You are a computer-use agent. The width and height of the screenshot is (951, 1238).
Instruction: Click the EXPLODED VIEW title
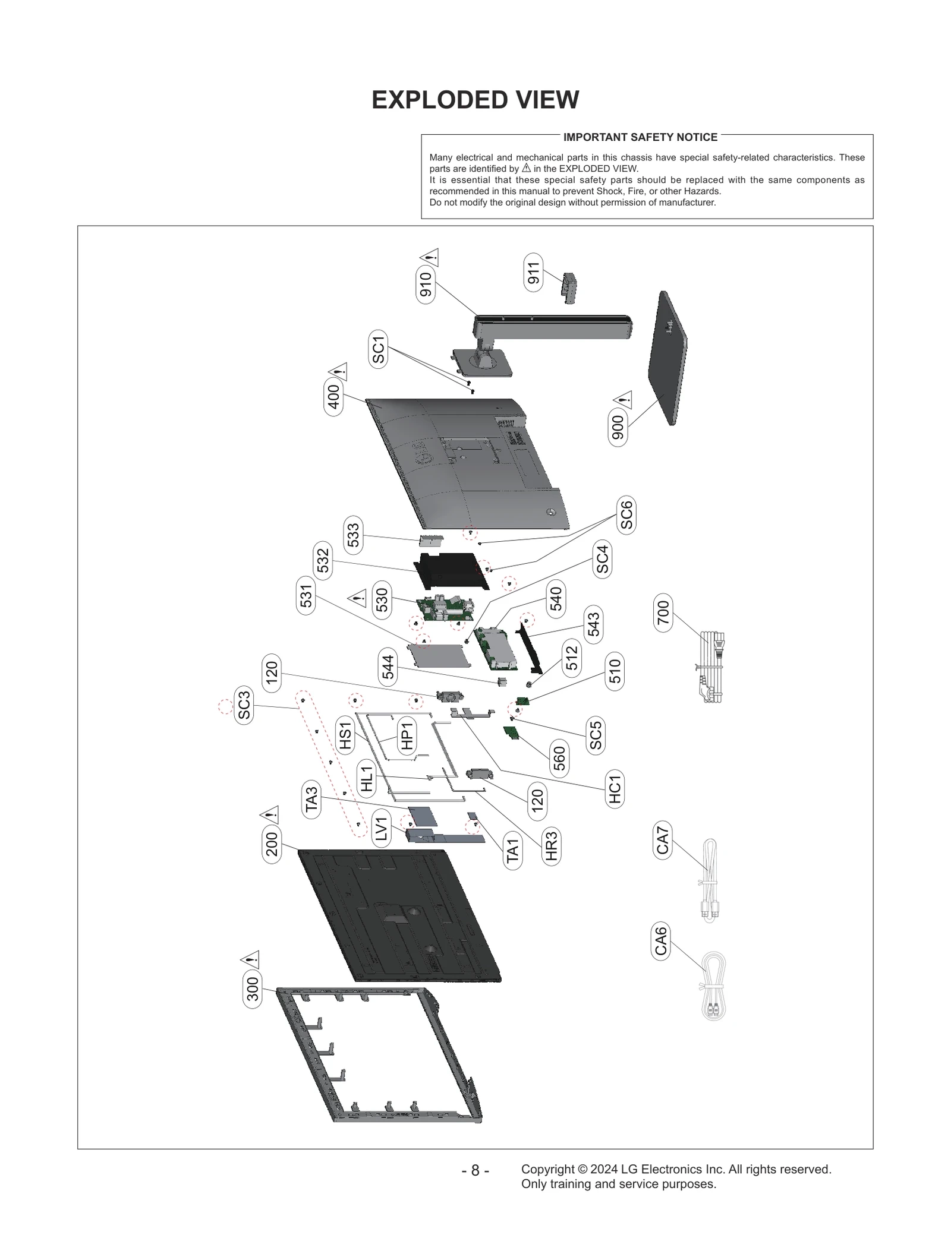coord(475,100)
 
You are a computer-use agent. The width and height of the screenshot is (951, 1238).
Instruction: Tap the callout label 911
coord(533,272)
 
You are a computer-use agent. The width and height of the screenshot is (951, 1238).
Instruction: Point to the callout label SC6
coord(626,514)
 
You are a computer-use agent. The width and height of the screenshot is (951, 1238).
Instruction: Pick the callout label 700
coord(663,612)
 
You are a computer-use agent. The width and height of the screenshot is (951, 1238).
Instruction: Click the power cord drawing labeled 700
coord(711,667)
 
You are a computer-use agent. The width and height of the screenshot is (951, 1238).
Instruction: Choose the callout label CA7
coord(662,841)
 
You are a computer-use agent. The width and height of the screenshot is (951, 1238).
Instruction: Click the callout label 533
coord(353,535)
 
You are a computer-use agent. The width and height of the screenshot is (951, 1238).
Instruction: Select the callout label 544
coord(388,667)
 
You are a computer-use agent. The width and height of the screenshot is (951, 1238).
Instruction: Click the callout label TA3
coord(312,799)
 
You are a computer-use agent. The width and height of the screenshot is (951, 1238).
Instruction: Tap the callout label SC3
coord(244,705)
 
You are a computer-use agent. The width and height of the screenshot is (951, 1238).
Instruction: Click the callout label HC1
coord(615,788)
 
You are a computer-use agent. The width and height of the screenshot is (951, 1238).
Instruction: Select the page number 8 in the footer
coord(475,1170)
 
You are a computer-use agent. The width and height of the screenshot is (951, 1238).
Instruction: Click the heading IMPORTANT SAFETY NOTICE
coord(640,137)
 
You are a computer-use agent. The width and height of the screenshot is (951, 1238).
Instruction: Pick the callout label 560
coord(559,759)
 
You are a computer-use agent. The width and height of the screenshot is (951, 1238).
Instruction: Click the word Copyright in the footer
coord(547,1169)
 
